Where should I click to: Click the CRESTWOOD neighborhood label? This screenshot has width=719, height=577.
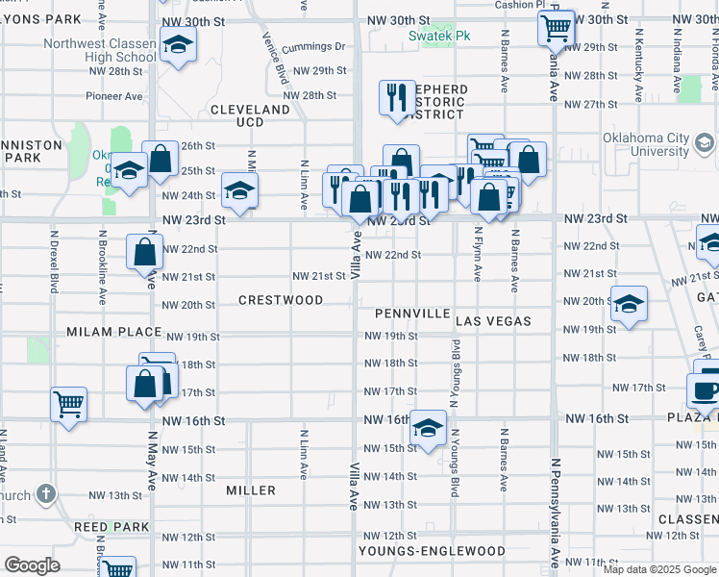point(281,300)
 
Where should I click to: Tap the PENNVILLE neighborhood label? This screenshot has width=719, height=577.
point(412,314)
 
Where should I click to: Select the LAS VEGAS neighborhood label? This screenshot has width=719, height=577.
point(493,319)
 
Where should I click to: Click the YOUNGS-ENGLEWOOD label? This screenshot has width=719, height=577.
point(432,551)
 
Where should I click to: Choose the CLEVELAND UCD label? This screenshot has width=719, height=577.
point(250,115)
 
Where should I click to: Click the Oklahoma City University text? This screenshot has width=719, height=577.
point(646,144)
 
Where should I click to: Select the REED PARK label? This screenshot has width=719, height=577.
point(112,527)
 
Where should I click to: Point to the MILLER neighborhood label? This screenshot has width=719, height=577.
point(251,490)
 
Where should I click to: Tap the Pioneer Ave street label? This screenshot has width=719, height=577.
point(114,96)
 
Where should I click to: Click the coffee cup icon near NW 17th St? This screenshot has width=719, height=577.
point(704,389)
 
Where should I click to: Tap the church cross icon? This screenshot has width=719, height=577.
point(45,494)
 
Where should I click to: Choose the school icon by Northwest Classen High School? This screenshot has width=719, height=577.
point(177,45)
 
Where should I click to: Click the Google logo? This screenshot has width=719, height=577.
point(32,564)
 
